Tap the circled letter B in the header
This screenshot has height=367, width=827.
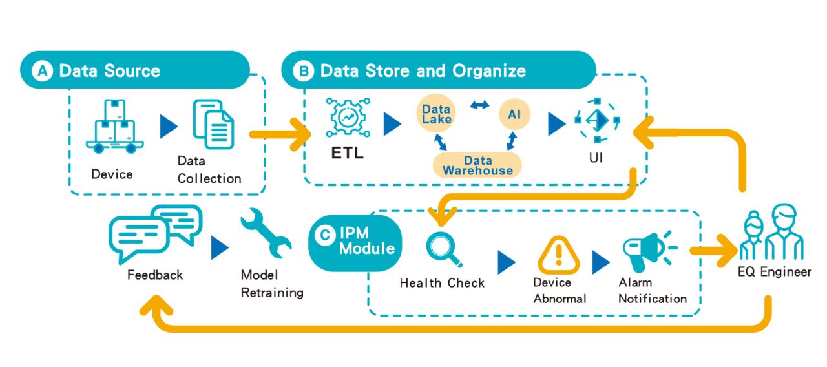tap(302, 70)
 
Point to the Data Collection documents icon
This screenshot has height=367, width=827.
tap(214, 124)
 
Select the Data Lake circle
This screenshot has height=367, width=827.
tap(437, 114)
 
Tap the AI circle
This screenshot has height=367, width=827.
tap(515, 114)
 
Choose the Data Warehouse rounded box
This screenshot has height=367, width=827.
tap(477, 165)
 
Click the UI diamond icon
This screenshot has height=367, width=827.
tap(596, 120)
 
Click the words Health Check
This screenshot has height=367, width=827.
tap(442, 283)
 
